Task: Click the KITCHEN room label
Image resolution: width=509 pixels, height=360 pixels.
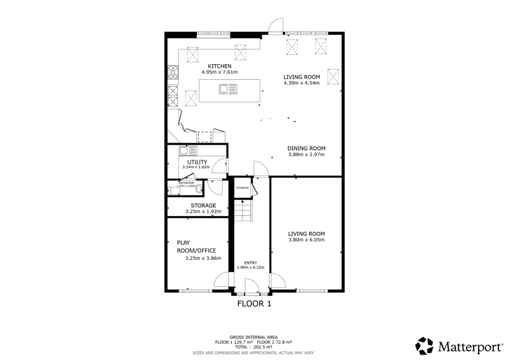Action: click(219, 66)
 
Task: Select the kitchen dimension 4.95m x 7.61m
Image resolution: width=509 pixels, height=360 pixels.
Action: click(219, 73)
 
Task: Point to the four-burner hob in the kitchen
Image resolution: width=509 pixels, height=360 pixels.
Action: click(173, 73)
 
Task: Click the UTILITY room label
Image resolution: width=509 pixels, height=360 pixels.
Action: click(197, 162)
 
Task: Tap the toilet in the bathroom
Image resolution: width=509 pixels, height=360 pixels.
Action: click(199, 189)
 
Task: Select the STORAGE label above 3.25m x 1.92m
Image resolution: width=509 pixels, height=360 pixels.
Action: click(203, 205)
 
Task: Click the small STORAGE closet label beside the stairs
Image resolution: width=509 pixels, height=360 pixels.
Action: click(242, 188)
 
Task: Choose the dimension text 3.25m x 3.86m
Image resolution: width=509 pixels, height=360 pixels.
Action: click(203, 258)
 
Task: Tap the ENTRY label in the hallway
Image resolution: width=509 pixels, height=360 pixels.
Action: click(250, 263)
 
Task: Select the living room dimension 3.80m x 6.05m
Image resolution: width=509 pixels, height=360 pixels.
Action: click(306, 240)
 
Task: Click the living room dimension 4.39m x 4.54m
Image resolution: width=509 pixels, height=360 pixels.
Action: click(301, 83)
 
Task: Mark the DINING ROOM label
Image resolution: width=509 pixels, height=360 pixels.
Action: click(306, 148)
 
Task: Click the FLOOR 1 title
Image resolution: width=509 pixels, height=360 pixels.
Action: click(254, 303)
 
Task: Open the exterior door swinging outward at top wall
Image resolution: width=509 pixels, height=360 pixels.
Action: click(274, 25)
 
